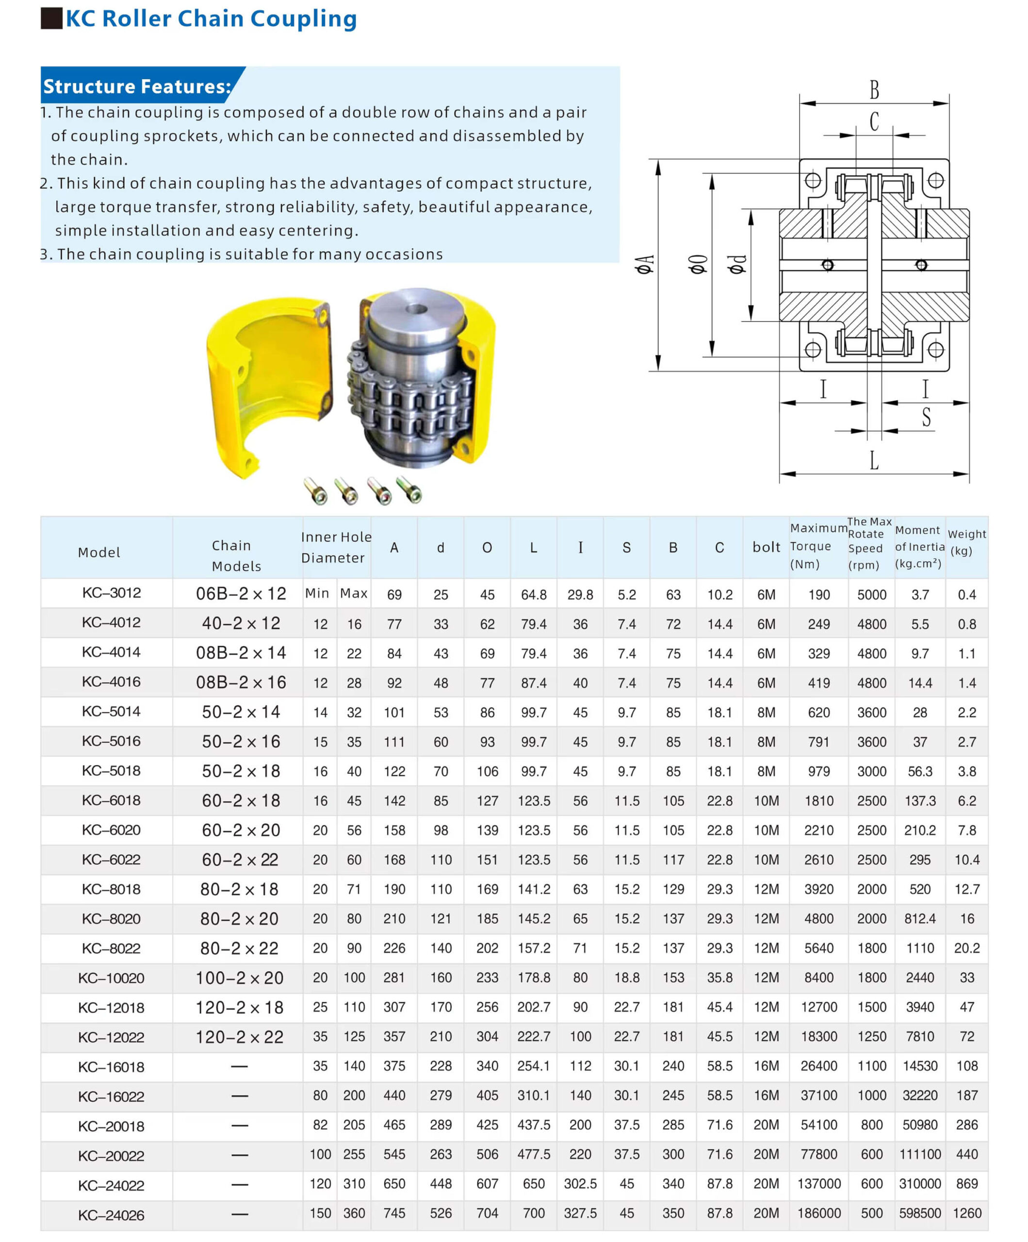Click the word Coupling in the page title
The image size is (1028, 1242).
pos(303,19)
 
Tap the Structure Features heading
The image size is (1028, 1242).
pos(137,86)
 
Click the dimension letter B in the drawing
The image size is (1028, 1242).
pos(874,90)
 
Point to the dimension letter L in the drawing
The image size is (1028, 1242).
pos(874,460)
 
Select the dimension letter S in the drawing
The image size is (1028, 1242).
pos(926,418)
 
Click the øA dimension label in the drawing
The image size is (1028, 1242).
pos(645,264)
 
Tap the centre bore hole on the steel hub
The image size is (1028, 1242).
pos(416,309)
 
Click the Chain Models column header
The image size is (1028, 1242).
pos(236,556)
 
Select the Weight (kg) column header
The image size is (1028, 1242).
pos(966,542)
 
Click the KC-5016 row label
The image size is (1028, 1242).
pos(111,741)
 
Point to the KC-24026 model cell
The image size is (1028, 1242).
pos(111,1215)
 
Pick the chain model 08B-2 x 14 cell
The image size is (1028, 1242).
pos(241,653)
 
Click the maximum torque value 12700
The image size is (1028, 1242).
pos(818,1007)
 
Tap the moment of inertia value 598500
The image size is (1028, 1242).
pos(919,1213)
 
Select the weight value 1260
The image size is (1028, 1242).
pos(966,1213)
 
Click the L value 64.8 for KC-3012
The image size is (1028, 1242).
pos(534,594)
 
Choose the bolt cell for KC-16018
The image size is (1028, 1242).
pos(766,1066)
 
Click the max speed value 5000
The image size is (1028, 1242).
pos(871,594)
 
